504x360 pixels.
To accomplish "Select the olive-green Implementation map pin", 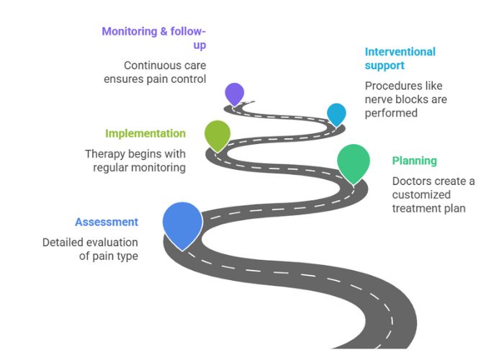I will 217,133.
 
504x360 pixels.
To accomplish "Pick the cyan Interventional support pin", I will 336,113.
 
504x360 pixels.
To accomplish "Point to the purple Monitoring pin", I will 234,93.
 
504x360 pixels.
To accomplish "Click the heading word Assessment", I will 107,222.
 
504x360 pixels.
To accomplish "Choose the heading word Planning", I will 414,161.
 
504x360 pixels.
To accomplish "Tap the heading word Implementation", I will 145,133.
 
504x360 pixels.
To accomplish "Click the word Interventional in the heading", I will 400,52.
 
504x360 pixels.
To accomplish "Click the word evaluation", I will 113,243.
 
